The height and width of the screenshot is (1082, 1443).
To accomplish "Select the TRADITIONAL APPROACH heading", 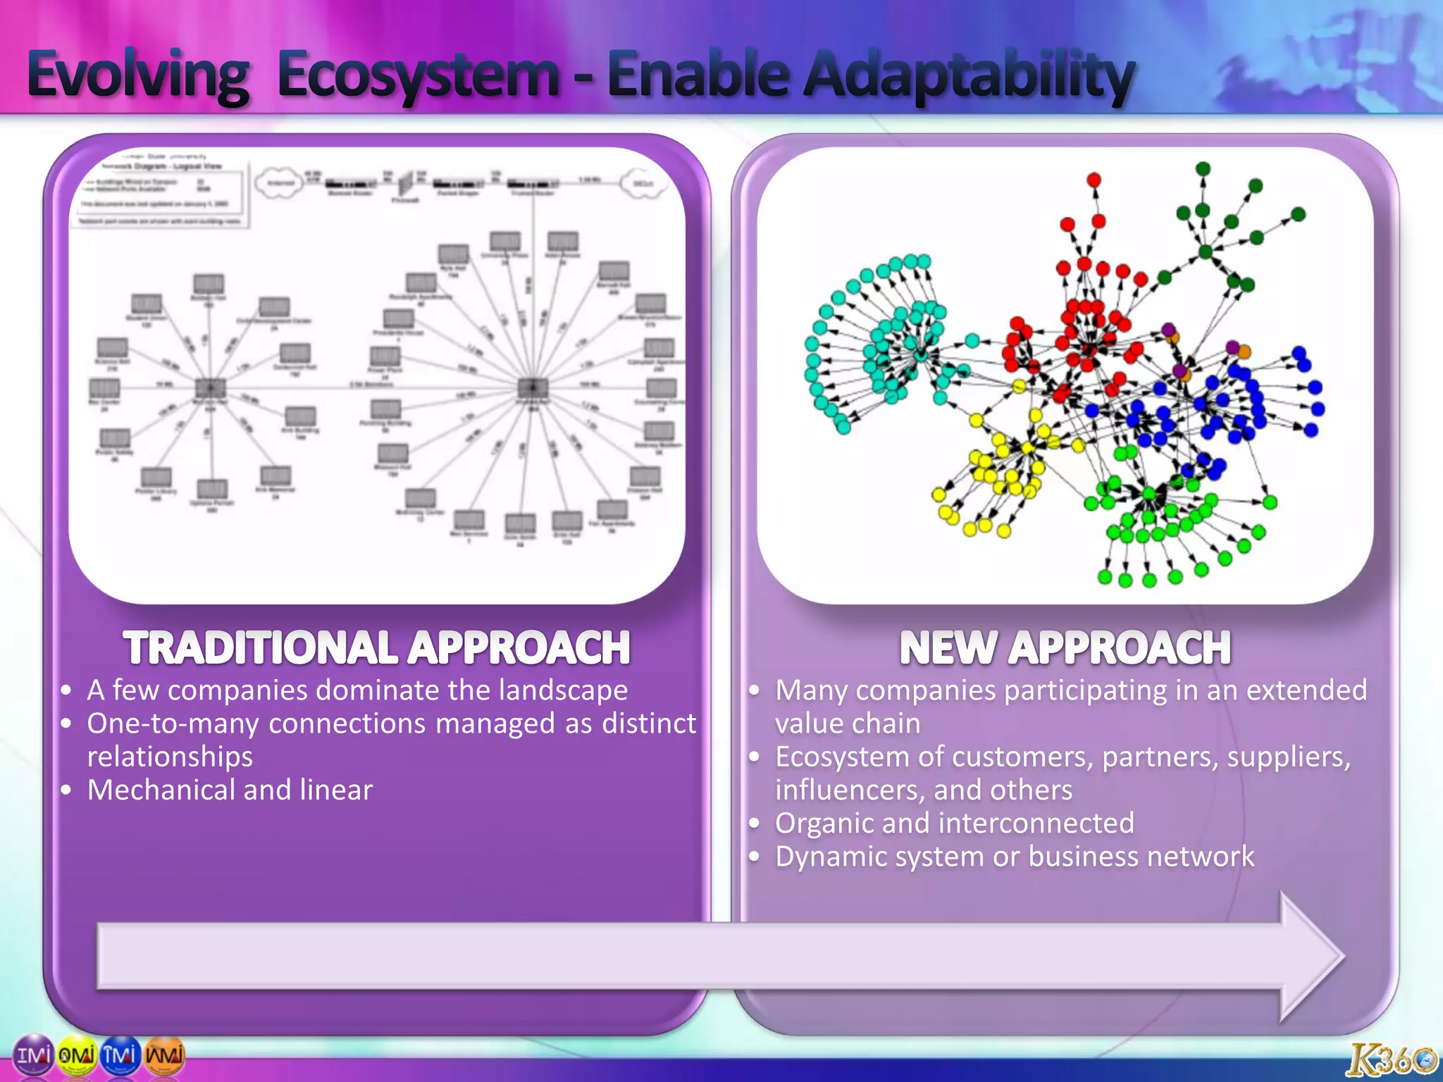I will click(x=377, y=647).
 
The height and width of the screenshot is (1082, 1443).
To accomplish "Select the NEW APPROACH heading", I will click(x=1065, y=647).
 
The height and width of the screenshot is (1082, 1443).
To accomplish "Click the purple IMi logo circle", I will click(x=34, y=1055).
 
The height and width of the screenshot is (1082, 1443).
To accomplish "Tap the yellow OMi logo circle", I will click(x=77, y=1055).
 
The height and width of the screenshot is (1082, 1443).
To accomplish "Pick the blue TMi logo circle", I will click(x=120, y=1055).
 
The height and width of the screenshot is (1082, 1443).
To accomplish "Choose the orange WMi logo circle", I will click(x=164, y=1055).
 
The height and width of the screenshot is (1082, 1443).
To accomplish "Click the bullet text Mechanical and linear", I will click(x=230, y=790).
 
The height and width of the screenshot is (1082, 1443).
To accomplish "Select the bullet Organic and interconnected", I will click(x=954, y=823).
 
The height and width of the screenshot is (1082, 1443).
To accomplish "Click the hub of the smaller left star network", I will click(x=210, y=387).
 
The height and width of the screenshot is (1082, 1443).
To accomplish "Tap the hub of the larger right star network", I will click(x=532, y=387).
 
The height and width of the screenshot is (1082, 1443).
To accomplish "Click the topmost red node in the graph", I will click(x=1094, y=180).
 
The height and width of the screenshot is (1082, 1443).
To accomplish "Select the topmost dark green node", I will click(x=1203, y=169).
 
